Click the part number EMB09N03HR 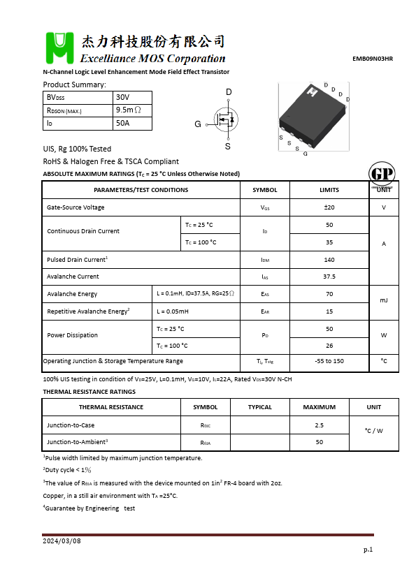pyautogui.click(x=372, y=59)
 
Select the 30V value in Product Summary pyautogui.click(x=123, y=97)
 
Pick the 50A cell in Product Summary pyautogui.click(x=123, y=124)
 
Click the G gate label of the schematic pyautogui.click(x=198, y=124)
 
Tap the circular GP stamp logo pyautogui.click(x=381, y=175)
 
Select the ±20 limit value pyautogui.click(x=329, y=207)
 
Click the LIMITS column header pyautogui.click(x=329, y=190)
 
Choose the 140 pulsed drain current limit pyautogui.click(x=329, y=260)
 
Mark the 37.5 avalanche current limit pyautogui.click(x=329, y=277)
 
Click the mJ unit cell pyautogui.click(x=384, y=300)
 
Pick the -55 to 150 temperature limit pyautogui.click(x=329, y=361)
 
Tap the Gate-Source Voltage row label pyautogui.click(x=76, y=207)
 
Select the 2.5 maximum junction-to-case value pyautogui.click(x=320, y=425)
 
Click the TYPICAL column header pyautogui.click(x=260, y=407)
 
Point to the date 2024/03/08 pyautogui.click(x=62, y=541)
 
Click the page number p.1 pyautogui.click(x=368, y=550)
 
